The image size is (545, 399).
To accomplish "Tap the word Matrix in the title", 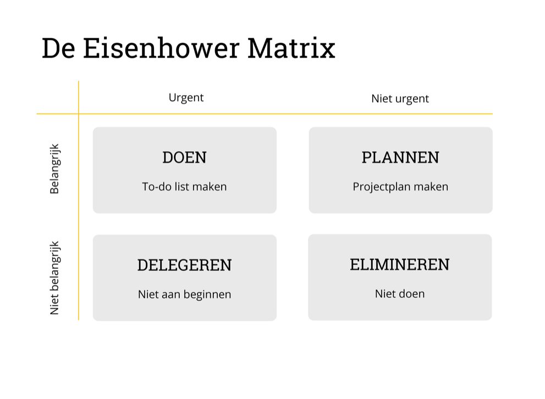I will coord(291,48).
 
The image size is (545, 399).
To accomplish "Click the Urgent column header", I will coord(186,97).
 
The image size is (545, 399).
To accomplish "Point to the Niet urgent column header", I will coord(400,98).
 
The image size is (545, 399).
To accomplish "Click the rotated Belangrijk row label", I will coord(54,169).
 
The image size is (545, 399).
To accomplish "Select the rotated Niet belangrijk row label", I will coord(54,278).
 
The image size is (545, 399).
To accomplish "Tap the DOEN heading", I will coord(184,157).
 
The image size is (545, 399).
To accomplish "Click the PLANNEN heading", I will coord(400,157).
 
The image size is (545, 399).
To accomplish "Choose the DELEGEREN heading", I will coord(184,265).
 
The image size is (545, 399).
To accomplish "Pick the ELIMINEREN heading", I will coord(400,264).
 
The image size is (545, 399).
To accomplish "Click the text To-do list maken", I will coord(184,186).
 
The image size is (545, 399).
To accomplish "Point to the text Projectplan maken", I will coord(400,186).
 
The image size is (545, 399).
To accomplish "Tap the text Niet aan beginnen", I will coord(184,294).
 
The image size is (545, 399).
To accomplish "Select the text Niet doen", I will coord(400,293).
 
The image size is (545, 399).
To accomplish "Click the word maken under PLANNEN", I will coord(431,186).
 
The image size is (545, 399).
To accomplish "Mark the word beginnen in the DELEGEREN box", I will coord(207,294).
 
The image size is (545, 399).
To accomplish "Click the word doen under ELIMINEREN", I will coord(412,293).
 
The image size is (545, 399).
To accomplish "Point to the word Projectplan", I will coord(382,186).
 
